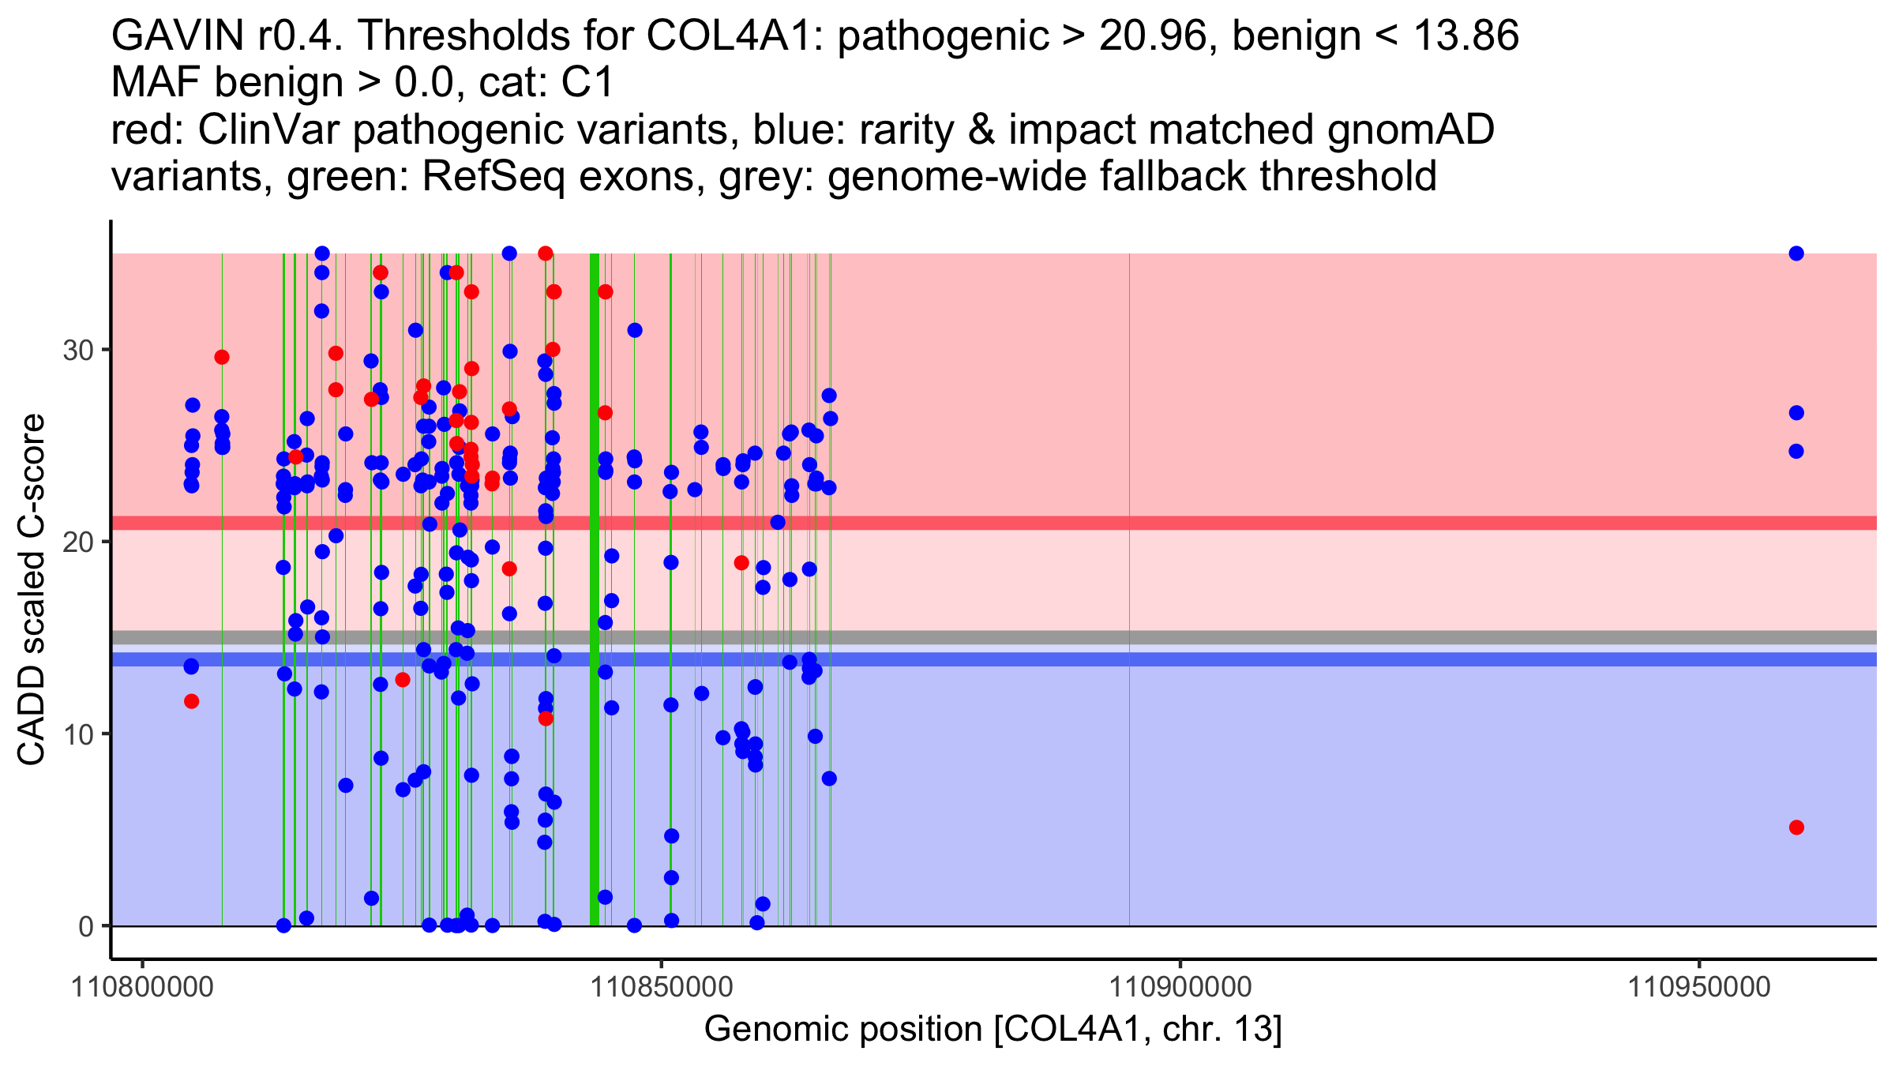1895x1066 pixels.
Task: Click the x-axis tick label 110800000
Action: [142, 987]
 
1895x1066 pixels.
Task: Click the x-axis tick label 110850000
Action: [662, 987]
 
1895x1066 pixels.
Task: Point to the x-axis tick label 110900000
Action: [1180, 987]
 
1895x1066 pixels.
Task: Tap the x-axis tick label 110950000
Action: [1699, 987]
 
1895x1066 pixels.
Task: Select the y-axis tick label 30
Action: [78, 350]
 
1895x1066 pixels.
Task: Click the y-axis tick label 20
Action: [78, 542]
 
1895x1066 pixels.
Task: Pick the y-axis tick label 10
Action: [78, 734]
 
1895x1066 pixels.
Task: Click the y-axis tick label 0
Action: [86, 926]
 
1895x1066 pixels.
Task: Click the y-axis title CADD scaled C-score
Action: [32, 590]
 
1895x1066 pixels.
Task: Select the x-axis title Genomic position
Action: [993, 1030]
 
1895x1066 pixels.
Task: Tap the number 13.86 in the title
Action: [1465, 36]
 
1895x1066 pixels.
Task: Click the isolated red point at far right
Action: [1796, 828]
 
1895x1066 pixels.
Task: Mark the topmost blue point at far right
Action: [1796, 253]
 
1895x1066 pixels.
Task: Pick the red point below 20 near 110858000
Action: [741, 563]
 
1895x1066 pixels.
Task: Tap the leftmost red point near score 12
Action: [191, 701]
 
